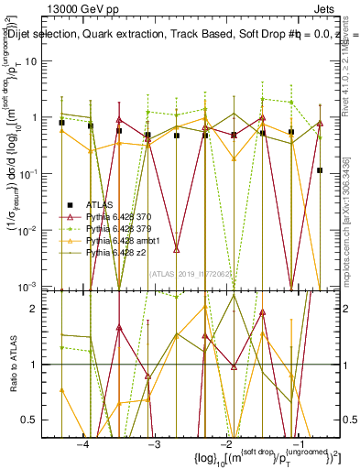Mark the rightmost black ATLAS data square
click(320, 170)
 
